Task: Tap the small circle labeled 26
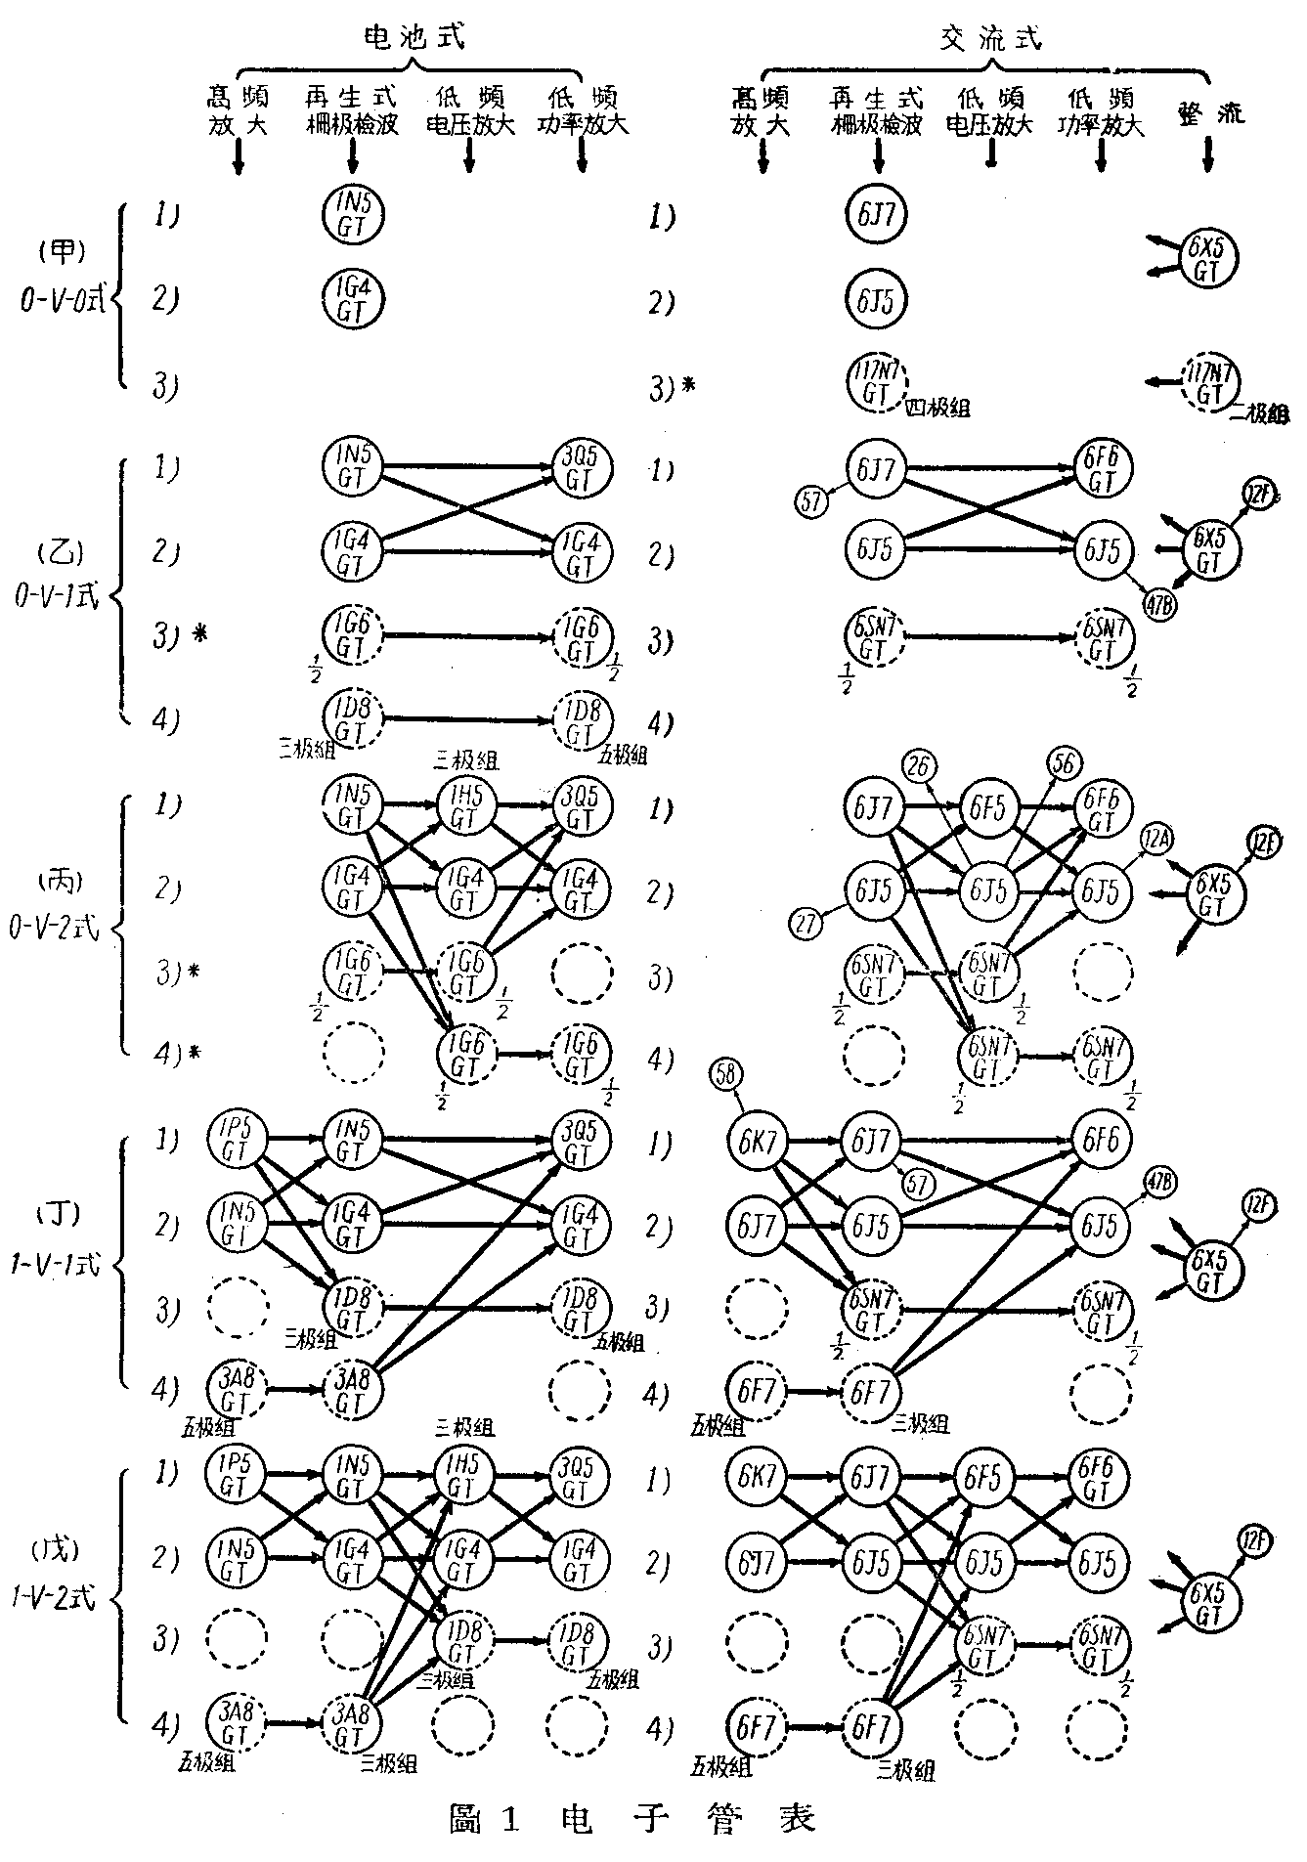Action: coord(918,766)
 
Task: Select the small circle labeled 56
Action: coord(1064,763)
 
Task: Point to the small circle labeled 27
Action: coord(806,924)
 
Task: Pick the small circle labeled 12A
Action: coord(1158,840)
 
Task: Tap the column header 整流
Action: coord(1210,111)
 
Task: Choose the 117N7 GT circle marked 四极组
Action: coord(877,382)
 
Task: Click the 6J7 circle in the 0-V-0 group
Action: coord(877,215)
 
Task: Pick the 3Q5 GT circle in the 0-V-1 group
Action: coord(582,471)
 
